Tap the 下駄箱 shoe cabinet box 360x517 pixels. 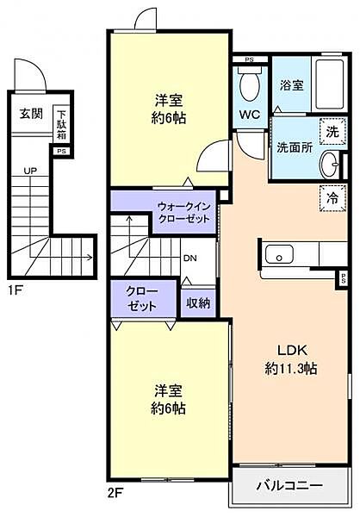pyautogui.click(x=61, y=124)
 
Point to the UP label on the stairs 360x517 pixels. pyautogui.click(x=30, y=171)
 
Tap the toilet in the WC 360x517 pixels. pyautogui.click(x=249, y=84)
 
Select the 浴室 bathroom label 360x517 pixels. pyautogui.click(x=291, y=86)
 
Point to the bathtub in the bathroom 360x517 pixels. pyautogui.click(x=326, y=86)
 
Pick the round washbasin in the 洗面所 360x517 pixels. pyautogui.click(x=330, y=163)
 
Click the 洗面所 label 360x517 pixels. pyautogui.click(x=296, y=146)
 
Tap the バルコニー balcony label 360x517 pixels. pyautogui.click(x=290, y=487)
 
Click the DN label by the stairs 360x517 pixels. pyautogui.click(x=189, y=256)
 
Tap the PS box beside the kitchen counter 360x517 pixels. pyautogui.click(x=342, y=277)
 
